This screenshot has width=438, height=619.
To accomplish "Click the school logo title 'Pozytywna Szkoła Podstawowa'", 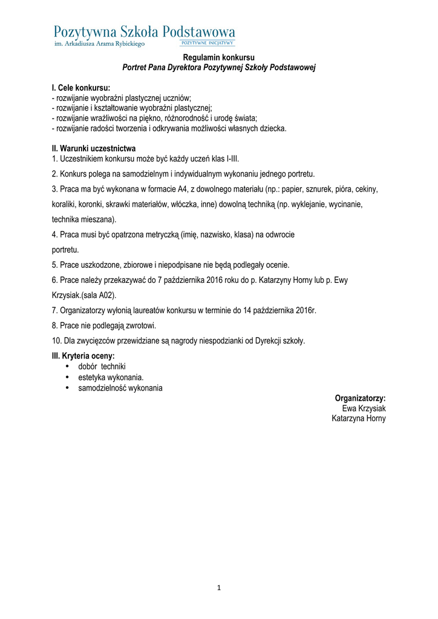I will point(145,32).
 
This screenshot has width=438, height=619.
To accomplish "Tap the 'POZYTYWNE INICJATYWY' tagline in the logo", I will point(208,44).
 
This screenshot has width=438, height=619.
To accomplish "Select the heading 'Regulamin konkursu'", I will point(219,57).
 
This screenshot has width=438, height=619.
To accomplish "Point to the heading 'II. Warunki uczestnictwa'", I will point(94,148).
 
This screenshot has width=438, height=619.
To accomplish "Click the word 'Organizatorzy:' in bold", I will point(360,398).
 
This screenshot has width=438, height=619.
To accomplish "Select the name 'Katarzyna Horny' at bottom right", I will point(359,418).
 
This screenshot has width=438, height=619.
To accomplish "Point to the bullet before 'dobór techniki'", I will point(67,367).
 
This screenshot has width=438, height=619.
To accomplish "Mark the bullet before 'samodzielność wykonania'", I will point(67,387).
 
